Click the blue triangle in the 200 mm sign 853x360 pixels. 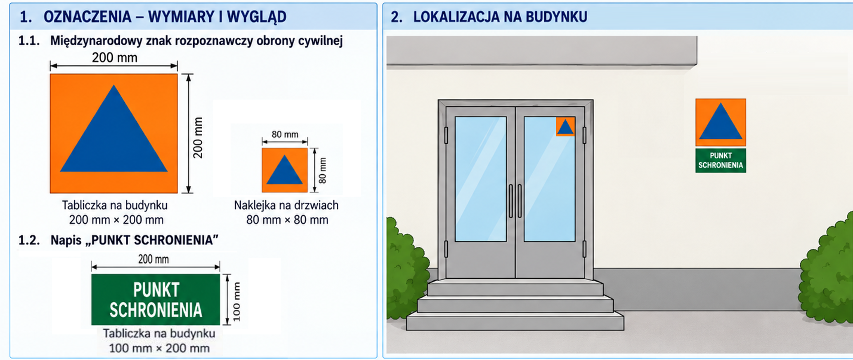tap(114, 138)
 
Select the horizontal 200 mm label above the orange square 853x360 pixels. tap(115, 58)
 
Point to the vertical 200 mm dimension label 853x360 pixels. tap(198, 138)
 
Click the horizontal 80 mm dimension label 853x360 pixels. tap(285, 134)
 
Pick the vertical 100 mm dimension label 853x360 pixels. tap(236, 302)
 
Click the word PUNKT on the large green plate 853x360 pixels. tap(156, 290)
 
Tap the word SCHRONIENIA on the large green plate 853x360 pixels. tap(156, 310)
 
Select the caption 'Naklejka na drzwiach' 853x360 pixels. tap(286, 205)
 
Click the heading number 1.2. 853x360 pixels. tap(29, 240)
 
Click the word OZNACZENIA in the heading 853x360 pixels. tap(88, 17)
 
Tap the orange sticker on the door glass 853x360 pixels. tap(565, 127)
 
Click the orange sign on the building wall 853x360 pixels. tap(721, 122)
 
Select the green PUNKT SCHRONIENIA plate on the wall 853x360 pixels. tap(721, 160)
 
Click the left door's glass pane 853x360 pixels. tap(481, 179)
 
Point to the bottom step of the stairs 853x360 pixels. tap(515, 321)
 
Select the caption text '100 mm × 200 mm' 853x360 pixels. tap(159, 348)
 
